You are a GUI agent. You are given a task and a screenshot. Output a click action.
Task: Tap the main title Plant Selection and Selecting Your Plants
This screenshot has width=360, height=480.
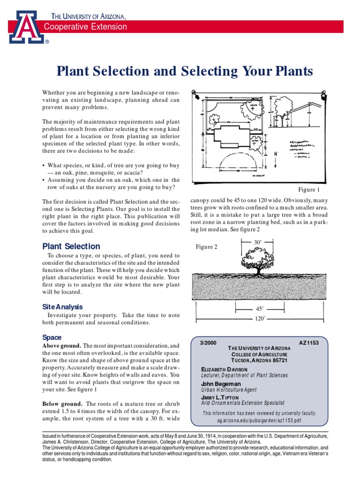(x=184, y=71)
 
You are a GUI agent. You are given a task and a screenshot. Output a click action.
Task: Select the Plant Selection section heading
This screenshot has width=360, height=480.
(x=71, y=246)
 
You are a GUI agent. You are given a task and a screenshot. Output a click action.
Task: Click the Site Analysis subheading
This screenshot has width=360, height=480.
(x=62, y=307)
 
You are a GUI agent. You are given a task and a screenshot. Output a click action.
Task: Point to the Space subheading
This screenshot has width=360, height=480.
(x=52, y=337)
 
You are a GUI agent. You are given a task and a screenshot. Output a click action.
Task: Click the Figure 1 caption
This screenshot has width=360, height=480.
(x=309, y=190)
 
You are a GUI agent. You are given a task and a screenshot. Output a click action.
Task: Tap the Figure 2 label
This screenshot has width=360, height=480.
(x=206, y=247)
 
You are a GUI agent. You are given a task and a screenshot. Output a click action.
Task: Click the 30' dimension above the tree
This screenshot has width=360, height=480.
(x=257, y=242)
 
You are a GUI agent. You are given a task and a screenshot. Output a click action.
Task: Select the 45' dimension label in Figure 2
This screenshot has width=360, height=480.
(x=260, y=309)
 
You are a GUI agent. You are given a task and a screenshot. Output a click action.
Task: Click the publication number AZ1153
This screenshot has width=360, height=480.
(x=308, y=343)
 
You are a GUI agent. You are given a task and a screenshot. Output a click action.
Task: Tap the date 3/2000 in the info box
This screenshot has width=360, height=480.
(x=209, y=343)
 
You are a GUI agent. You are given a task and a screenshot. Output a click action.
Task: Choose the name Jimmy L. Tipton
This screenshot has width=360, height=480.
(x=220, y=397)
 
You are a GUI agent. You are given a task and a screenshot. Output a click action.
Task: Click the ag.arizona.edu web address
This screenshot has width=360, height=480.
(x=259, y=421)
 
